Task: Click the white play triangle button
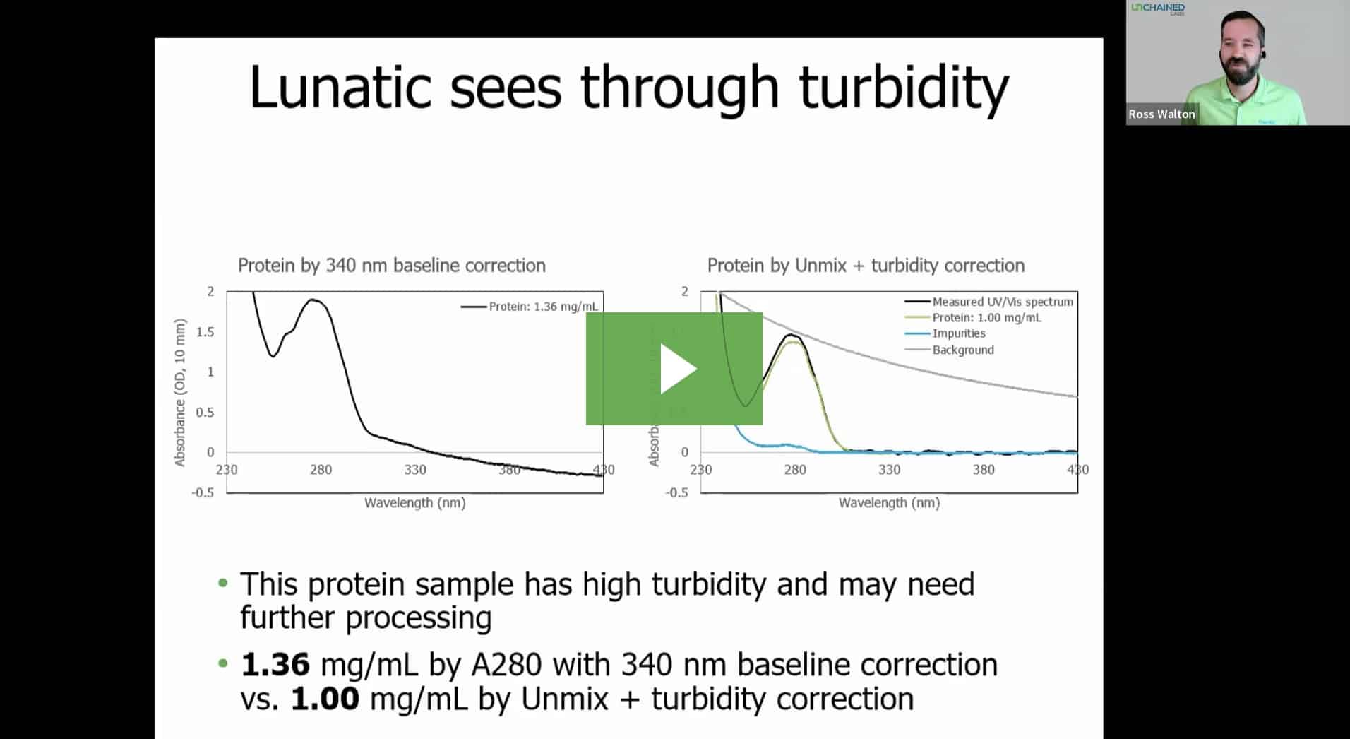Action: coord(676,369)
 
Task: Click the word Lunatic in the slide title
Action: coord(340,88)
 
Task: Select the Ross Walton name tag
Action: coord(1161,114)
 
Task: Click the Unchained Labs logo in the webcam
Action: coord(1158,8)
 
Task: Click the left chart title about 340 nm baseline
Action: coord(391,266)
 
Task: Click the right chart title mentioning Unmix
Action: coord(865,266)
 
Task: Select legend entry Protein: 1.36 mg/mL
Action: coord(542,307)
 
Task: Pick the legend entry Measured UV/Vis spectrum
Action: coord(1001,302)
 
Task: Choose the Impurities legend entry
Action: coord(958,333)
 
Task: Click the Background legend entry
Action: coord(962,350)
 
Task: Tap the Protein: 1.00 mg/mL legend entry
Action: coord(986,318)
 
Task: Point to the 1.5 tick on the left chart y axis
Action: coord(205,332)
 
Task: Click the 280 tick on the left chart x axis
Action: coord(321,470)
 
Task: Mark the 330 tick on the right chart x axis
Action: coord(889,470)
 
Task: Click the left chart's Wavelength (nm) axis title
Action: coord(414,503)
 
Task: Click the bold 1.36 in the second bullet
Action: coord(275,665)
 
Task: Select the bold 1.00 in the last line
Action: coord(325,699)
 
